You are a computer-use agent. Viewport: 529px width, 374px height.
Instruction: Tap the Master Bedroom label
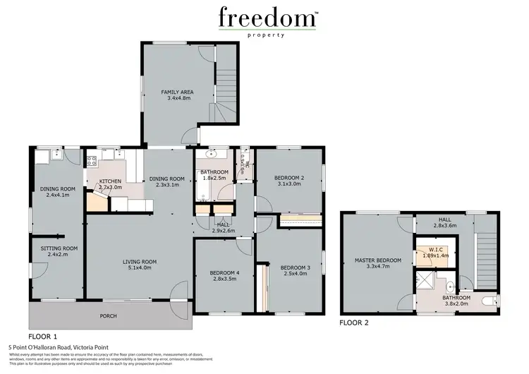383,260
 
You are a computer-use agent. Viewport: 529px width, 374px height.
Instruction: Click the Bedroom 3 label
295,267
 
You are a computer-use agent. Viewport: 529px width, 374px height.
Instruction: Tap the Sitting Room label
57,248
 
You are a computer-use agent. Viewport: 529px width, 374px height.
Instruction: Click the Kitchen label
111,181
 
